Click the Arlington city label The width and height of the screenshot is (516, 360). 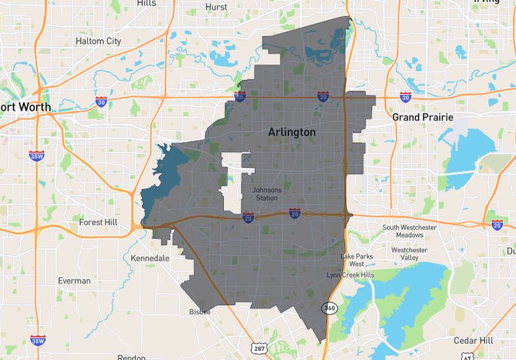(292, 132)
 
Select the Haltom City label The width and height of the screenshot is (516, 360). (98, 41)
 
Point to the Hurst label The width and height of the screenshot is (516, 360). (216, 7)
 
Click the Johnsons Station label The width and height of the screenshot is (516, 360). (267, 194)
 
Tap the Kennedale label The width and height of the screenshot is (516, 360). (150, 258)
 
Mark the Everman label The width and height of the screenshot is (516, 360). (74, 281)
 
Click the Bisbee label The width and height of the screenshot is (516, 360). (199, 312)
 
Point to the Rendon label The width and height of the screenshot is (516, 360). (131, 357)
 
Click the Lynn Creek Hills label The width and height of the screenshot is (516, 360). (351, 275)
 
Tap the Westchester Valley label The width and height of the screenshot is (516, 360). (409, 254)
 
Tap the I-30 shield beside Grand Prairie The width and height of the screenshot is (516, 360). (405, 97)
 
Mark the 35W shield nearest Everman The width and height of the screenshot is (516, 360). (38, 341)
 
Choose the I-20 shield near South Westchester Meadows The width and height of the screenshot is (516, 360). (497, 225)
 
